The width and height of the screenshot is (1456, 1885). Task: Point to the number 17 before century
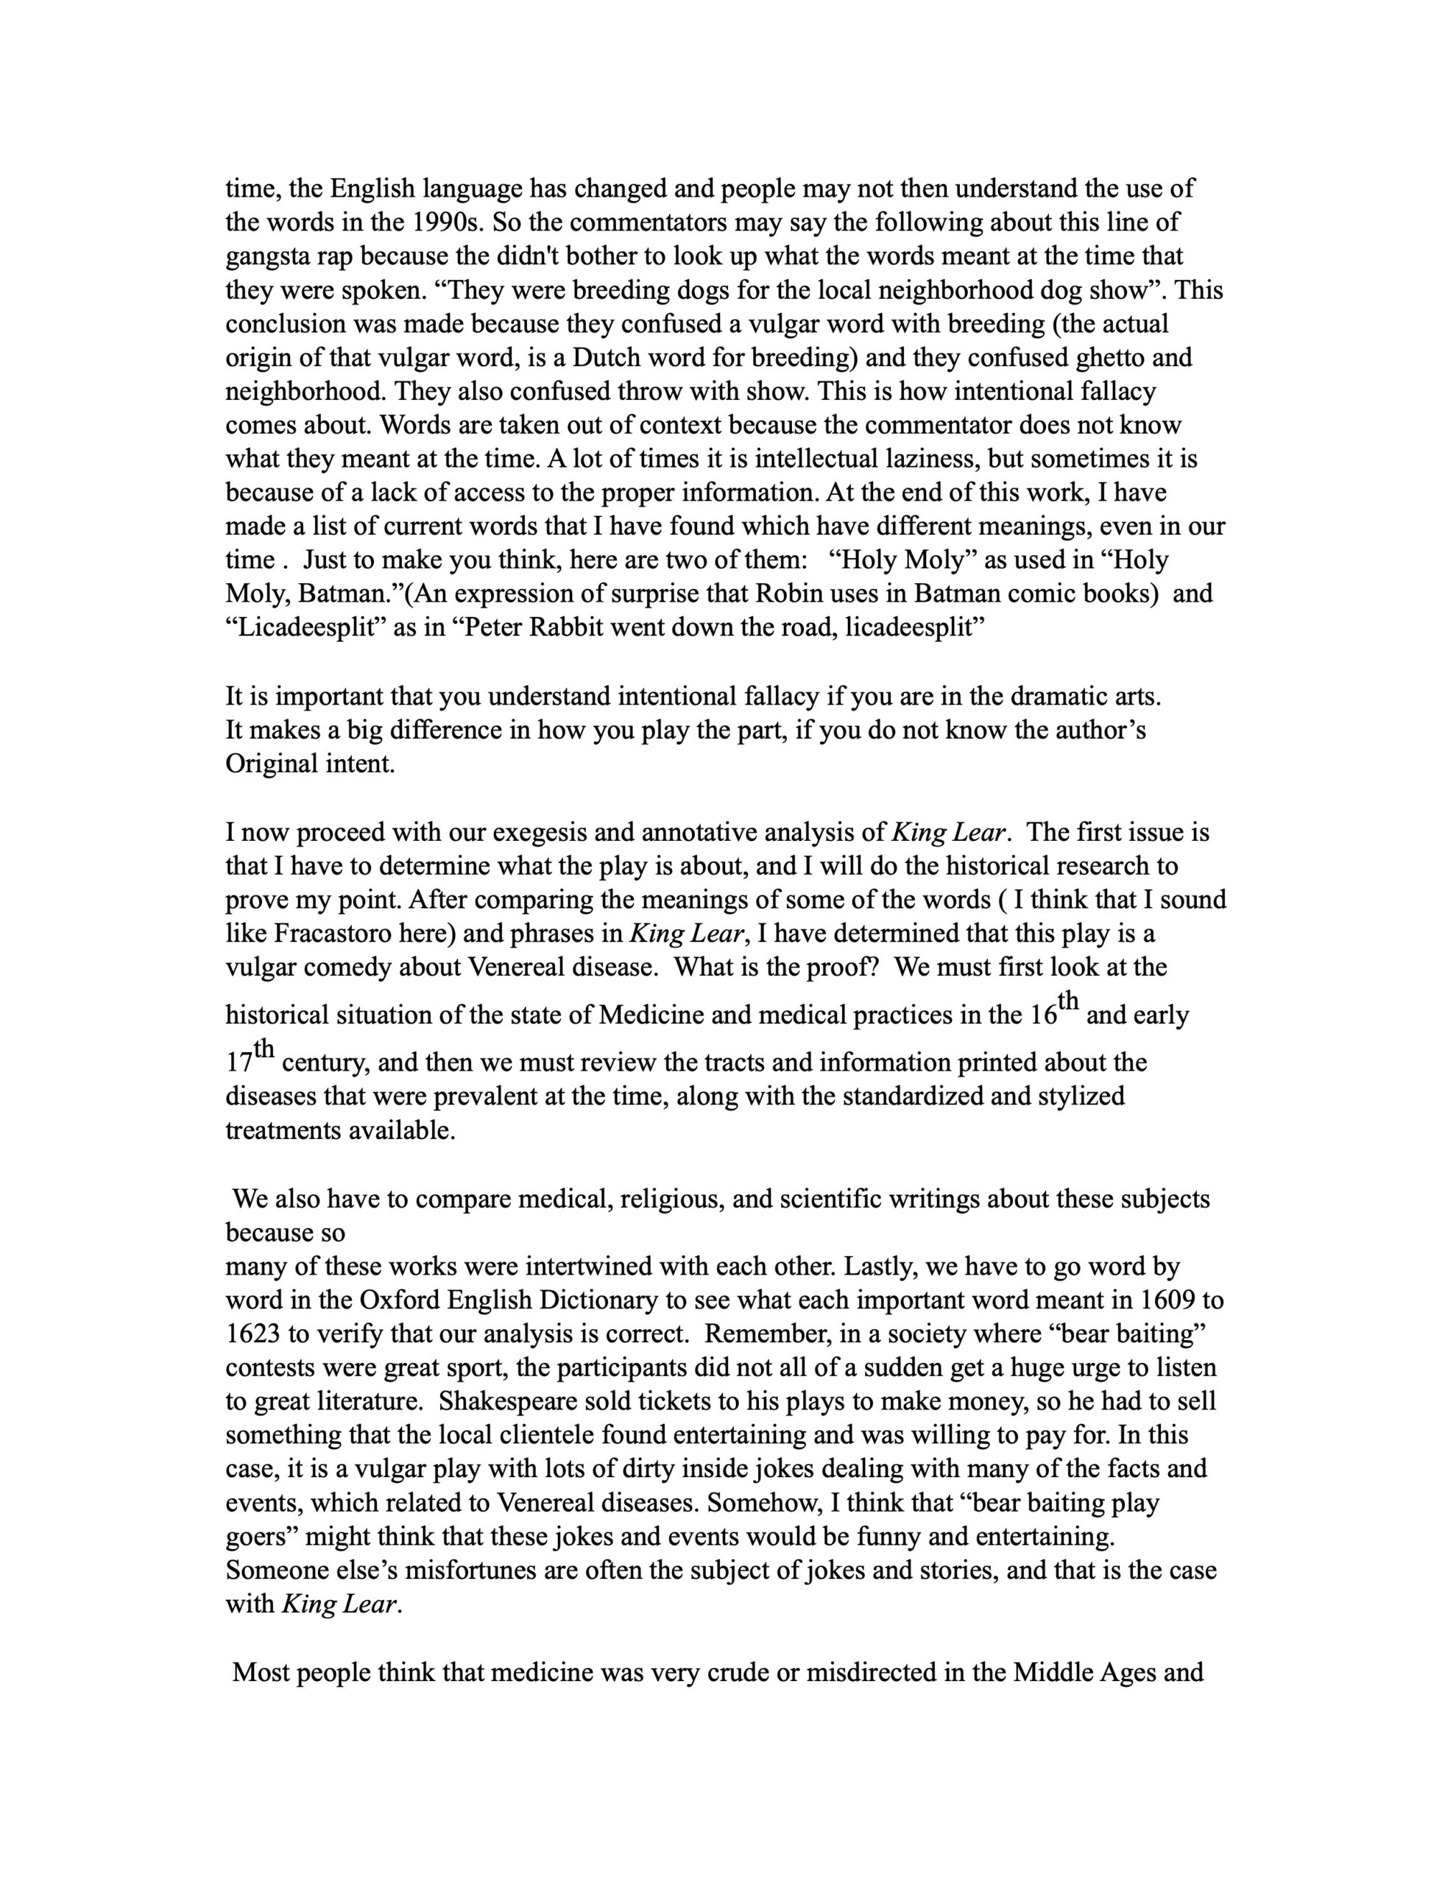pyautogui.click(x=239, y=1063)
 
